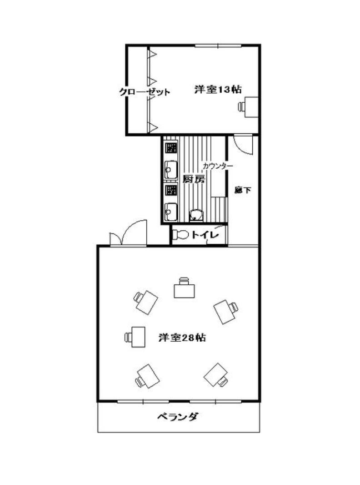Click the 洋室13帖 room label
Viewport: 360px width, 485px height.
click(218, 90)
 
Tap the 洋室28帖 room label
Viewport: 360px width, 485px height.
click(182, 338)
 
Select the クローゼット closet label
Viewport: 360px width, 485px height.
click(145, 92)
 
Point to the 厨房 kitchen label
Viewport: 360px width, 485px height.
click(194, 179)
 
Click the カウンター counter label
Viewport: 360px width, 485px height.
click(218, 166)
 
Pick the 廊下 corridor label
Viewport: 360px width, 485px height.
click(243, 190)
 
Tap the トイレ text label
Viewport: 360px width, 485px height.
click(205, 235)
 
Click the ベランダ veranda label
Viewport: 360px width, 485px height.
click(177, 417)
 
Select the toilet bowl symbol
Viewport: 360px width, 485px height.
click(180, 235)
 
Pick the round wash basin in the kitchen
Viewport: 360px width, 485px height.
click(196, 215)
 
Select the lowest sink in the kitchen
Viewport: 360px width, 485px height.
click(170, 212)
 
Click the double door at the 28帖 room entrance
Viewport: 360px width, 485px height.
click(128, 233)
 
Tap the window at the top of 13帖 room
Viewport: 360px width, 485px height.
click(218, 46)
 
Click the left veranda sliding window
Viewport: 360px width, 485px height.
click(143, 401)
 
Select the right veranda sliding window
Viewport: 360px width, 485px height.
click(215, 401)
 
